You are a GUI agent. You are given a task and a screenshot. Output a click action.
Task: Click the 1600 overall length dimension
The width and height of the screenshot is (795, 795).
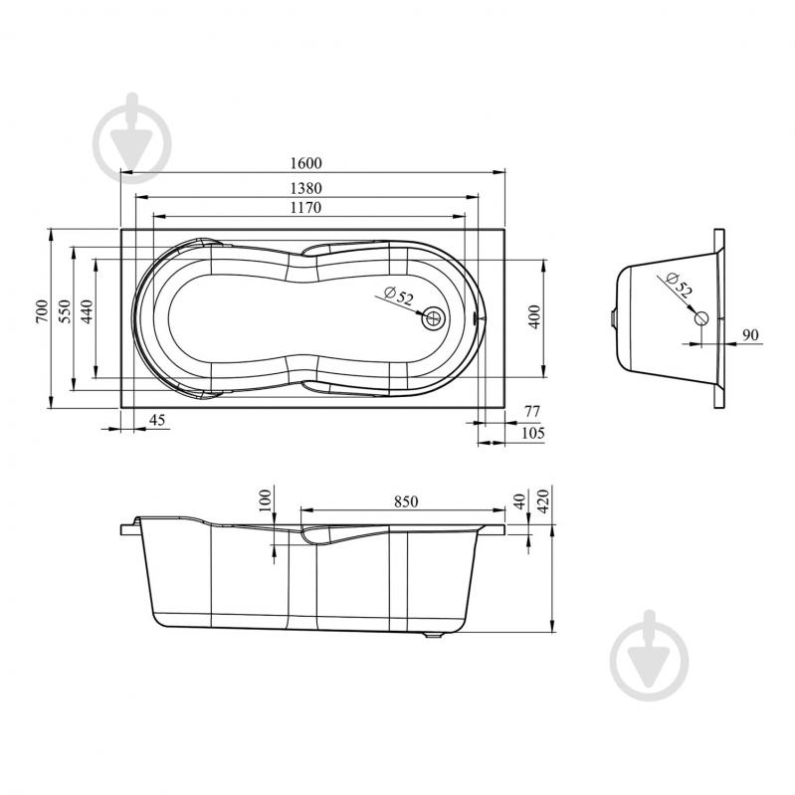(x=305, y=163)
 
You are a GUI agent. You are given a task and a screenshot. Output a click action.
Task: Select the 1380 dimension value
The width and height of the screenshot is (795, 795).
(x=305, y=188)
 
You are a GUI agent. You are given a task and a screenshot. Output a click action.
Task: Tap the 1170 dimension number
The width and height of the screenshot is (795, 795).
(x=305, y=207)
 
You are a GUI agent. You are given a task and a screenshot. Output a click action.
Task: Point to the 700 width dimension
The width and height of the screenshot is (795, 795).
(x=42, y=310)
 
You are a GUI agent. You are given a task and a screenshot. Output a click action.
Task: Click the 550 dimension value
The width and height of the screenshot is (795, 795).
(x=65, y=310)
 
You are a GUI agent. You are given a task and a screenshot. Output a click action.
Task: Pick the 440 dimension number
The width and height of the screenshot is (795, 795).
(x=87, y=311)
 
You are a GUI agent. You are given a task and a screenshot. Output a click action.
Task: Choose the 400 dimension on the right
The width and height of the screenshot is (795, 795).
(x=535, y=316)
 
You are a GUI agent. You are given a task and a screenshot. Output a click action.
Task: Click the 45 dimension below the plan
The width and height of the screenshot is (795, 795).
(x=157, y=420)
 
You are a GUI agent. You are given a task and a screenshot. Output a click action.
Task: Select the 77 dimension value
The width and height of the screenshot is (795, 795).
(x=532, y=411)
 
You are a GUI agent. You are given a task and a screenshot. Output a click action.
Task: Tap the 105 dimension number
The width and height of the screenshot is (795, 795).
(x=533, y=433)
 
